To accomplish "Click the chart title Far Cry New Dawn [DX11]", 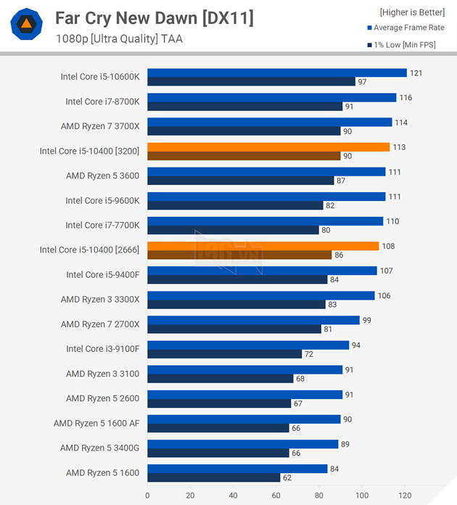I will click(155, 18).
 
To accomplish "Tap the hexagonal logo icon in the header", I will click(26, 25).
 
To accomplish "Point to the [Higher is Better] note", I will click(412, 12).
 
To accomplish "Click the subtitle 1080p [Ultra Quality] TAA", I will click(119, 39).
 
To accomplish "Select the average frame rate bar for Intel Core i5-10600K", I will click(276, 73).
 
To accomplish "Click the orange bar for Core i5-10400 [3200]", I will click(268, 147).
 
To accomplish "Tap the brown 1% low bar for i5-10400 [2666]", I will click(239, 255).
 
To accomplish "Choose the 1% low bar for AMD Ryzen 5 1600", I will click(213, 477).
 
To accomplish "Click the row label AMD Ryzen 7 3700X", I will click(101, 126).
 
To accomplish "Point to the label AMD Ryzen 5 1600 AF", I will click(97, 423).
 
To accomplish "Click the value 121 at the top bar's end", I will click(416, 73).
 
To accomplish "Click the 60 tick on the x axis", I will click(276, 496).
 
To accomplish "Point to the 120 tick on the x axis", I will click(405, 496).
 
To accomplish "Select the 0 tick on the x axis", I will click(147, 496).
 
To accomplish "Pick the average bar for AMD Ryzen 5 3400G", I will click(242, 443).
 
